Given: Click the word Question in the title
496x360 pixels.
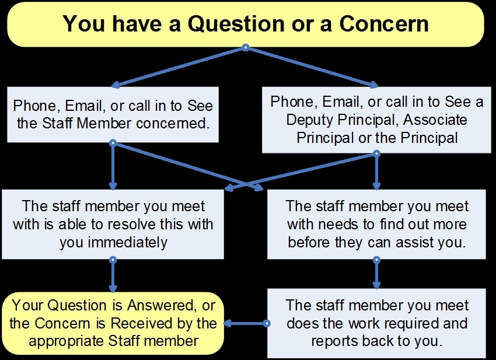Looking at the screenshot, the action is [x=236, y=24].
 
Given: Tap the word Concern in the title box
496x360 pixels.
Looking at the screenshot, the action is [x=384, y=24].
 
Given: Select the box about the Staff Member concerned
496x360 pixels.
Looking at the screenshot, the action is [x=113, y=114].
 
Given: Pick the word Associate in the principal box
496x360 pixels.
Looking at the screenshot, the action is [x=435, y=120].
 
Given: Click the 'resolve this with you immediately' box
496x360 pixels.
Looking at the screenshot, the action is [x=113, y=224].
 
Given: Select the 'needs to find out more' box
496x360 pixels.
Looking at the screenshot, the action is [x=376, y=224].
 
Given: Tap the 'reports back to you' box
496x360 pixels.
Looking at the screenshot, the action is [x=376, y=323].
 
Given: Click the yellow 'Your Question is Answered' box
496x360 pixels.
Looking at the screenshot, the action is [x=113, y=323].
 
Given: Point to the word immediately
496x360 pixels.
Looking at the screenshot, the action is [x=127, y=243].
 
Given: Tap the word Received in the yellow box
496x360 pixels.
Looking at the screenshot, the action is [x=149, y=323].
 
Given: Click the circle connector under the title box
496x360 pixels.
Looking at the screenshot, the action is [x=246, y=48].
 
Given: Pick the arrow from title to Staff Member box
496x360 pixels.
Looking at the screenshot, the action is [x=179, y=67].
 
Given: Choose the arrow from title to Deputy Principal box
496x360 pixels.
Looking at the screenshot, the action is [x=312, y=67].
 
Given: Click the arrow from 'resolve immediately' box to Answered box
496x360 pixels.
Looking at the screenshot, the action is [x=113, y=275].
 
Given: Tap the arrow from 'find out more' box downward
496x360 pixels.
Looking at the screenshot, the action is [x=376, y=274].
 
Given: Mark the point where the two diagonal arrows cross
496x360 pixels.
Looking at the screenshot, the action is [x=246, y=184].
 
